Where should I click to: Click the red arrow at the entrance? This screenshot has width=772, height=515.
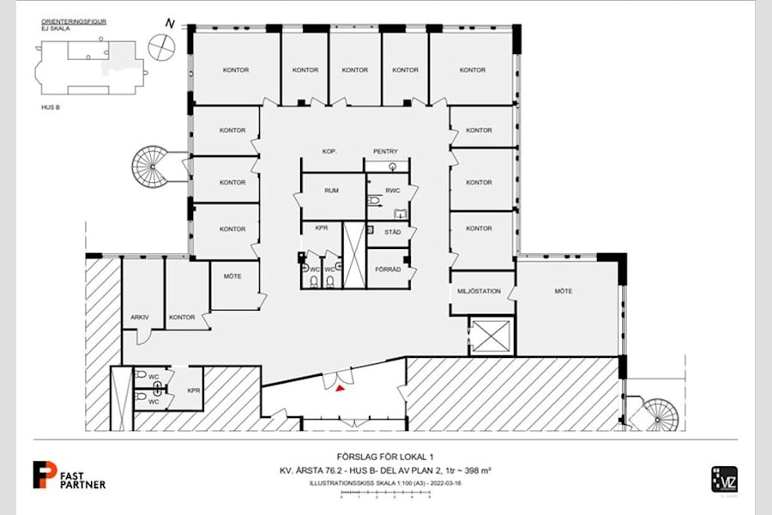click(x=341, y=388)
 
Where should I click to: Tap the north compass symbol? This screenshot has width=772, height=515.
click(x=160, y=45)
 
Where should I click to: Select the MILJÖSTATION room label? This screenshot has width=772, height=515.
click(x=481, y=291)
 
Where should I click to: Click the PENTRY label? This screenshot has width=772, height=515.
click(x=385, y=152)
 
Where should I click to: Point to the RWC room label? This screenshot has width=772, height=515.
click(x=393, y=191)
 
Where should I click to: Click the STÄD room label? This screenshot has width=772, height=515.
click(x=393, y=232)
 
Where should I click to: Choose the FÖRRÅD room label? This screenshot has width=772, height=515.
click(x=389, y=269)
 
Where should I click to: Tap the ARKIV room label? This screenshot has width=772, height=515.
click(x=140, y=318)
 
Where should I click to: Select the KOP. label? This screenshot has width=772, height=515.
click(x=329, y=152)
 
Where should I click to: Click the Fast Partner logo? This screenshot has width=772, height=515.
click(x=69, y=476)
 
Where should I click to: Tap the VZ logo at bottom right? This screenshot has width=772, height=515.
click(x=724, y=478)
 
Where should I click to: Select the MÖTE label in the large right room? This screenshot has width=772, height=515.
click(x=563, y=291)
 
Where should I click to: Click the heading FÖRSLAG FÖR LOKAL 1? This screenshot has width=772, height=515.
click(x=384, y=457)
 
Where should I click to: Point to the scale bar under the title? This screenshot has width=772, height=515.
click(x=384, y=494)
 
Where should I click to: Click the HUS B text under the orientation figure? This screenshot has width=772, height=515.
click(x=50, y=108)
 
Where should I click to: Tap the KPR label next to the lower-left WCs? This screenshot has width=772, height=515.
click(x=194, y=391)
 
